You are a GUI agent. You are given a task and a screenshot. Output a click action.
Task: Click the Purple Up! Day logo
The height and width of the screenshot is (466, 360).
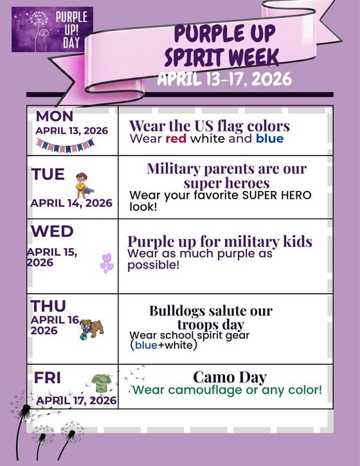pyautogui.click(x=52, y=29)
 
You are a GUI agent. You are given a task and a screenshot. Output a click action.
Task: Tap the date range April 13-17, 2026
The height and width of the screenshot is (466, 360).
pyautogui.click(x=224, y=79)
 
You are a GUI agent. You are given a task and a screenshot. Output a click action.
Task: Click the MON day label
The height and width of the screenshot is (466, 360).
pyautogui.click(x=55, y=116)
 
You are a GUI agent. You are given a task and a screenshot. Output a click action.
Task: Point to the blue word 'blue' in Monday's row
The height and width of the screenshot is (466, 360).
pyautogui.click(x=269, y=138)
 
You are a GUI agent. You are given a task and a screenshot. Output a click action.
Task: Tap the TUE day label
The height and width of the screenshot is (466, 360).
pyautogui.click(x=48, y=174)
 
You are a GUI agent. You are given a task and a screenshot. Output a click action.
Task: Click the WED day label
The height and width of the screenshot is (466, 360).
pyautogui.click(x=52, y=231)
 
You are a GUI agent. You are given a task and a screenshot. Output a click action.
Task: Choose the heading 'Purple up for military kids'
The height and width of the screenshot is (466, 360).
pyautogui.click(x=220, y=242)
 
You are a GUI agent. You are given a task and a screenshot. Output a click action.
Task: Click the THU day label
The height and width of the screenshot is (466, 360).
pyautogui.click(x=48, y=306)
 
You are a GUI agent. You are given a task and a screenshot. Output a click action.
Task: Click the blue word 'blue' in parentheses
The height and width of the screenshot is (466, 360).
pyautogui.click(x=145, y=345)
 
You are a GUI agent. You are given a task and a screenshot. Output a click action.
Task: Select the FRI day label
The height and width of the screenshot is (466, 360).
pyautogui.click(x=48, y=378)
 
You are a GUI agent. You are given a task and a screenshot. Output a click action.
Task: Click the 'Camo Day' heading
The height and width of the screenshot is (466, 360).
pyautogui.click(x=230, y=377)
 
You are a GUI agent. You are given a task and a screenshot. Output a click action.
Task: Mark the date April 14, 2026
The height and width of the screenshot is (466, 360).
pyautogui.click(x=71, y=203)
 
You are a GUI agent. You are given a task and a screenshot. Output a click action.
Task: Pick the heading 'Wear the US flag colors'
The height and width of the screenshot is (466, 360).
pyautogui.click(x=210, y=125)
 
